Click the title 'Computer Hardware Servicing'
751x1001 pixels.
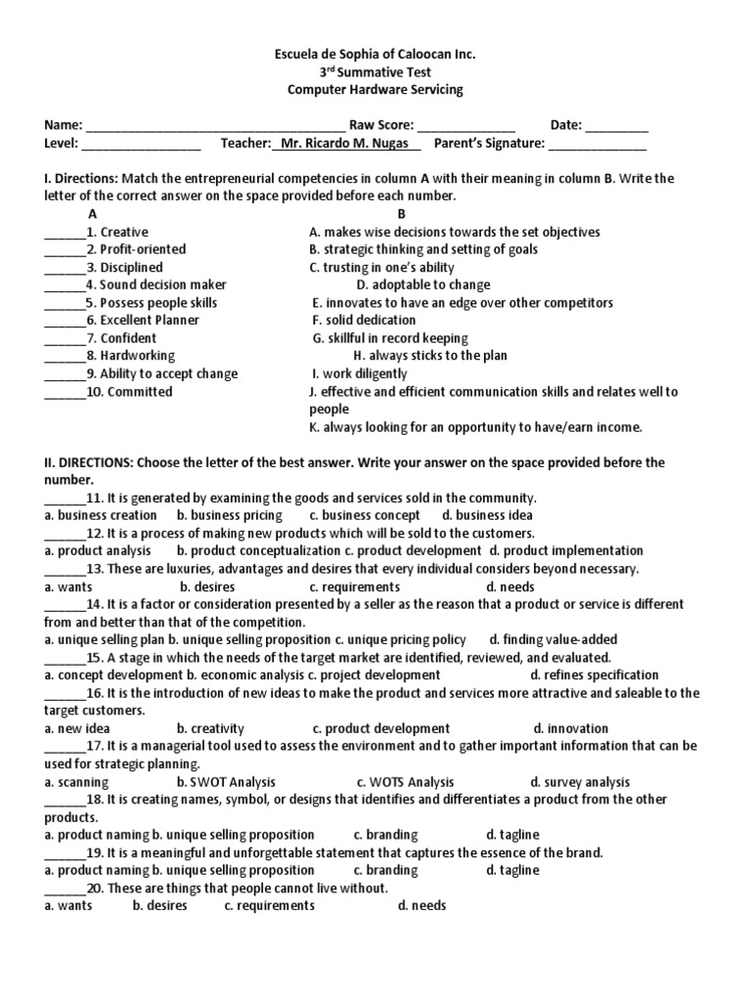pos(375,90)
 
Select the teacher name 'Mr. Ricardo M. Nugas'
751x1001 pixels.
pos(347,144)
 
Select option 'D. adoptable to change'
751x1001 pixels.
pos(421,284)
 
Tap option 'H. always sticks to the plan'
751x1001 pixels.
pos(430,356)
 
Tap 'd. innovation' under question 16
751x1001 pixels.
pos(571,728)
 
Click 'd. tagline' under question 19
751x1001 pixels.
pos(512,870)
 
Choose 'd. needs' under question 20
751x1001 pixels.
pos(421,905)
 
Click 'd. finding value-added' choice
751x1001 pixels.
pos(553,639)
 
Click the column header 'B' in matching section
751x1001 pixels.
pos(401,213)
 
